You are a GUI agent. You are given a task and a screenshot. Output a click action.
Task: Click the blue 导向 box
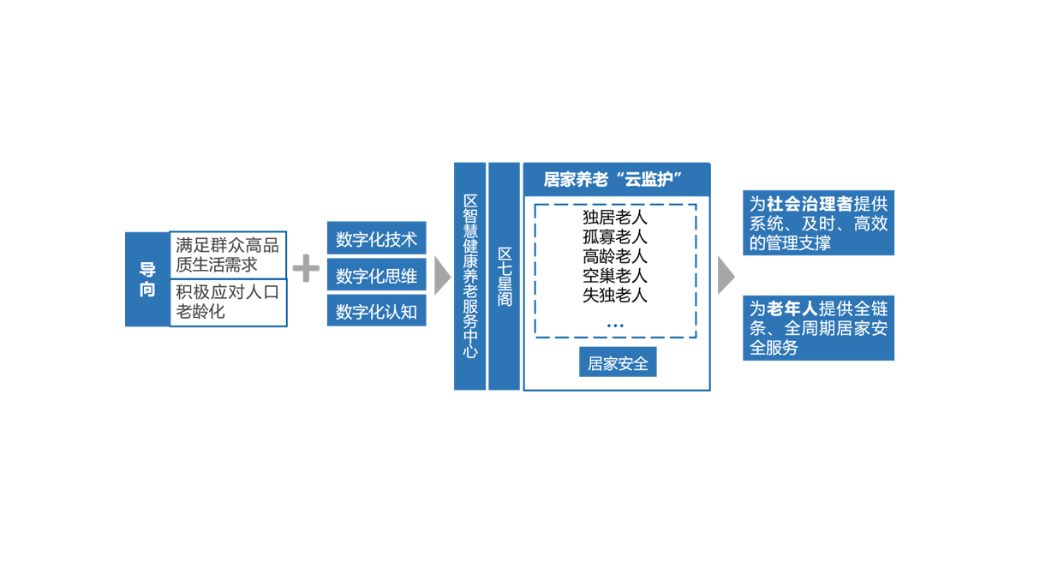147,279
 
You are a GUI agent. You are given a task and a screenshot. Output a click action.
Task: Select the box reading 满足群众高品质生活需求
228,255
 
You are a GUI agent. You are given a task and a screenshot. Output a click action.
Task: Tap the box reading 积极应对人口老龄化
228,302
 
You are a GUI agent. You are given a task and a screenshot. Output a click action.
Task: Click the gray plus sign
306,268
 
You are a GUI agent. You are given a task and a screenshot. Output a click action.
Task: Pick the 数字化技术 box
377,238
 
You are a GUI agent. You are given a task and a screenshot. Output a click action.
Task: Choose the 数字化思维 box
377,275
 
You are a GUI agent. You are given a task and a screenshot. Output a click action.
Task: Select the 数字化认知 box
377,311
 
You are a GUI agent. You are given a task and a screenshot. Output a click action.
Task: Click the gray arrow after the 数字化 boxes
442,276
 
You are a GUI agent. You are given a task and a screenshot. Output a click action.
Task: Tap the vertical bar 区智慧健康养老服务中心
469,276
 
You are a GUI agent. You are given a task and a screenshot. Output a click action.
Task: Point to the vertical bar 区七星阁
505,276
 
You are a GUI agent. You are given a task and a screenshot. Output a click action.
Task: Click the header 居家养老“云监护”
617,179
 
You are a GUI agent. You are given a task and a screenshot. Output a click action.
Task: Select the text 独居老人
615,218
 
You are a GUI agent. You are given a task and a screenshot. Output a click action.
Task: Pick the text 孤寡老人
615,236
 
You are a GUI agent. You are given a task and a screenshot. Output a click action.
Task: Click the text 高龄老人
615,256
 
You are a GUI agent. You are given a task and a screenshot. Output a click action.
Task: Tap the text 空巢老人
615,276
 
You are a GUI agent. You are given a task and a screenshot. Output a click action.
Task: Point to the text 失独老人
615,296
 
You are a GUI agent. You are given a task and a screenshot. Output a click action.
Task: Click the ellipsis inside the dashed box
615,326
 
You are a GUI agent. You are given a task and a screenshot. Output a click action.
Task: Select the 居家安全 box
618,362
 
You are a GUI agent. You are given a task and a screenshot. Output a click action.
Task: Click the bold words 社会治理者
810,204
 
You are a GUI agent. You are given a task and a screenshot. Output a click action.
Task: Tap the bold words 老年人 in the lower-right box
792,308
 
